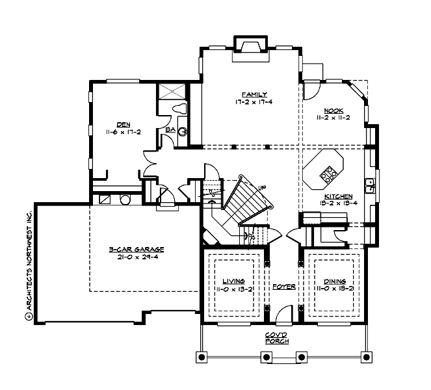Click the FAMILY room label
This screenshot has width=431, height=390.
click(x=251, y=94)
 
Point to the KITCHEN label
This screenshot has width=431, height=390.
click(x=339, y=196)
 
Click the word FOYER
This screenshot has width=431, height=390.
click(x=284, y=286)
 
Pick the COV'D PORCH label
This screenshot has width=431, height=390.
click(x=276, y=338)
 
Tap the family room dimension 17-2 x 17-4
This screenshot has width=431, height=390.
click(x=251, y=102)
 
